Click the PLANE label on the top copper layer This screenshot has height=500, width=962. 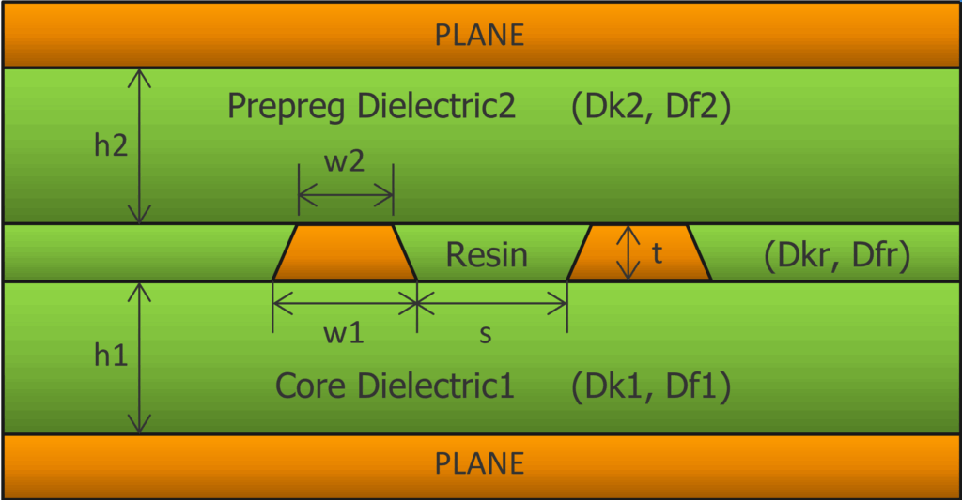click(479, 35)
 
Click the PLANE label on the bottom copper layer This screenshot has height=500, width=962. click(479, 462)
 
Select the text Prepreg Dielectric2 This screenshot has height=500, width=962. click(371, 107)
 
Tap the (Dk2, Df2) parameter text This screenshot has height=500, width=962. click(650, 107)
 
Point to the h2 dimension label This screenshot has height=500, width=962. click(112, 147)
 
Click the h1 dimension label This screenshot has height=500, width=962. click(112, 357)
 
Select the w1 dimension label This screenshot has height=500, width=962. click(344, 334)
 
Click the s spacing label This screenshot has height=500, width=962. click(486, 334)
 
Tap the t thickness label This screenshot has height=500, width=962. click(657, 253)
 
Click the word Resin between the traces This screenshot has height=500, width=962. click(487, 254)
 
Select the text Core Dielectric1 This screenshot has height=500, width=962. click(395, 386)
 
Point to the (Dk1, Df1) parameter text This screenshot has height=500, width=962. click(650, 386)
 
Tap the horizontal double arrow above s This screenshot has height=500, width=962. click(492, 301)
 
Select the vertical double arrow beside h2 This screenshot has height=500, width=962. click(140, 145)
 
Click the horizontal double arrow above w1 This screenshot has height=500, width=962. click(345, 301)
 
